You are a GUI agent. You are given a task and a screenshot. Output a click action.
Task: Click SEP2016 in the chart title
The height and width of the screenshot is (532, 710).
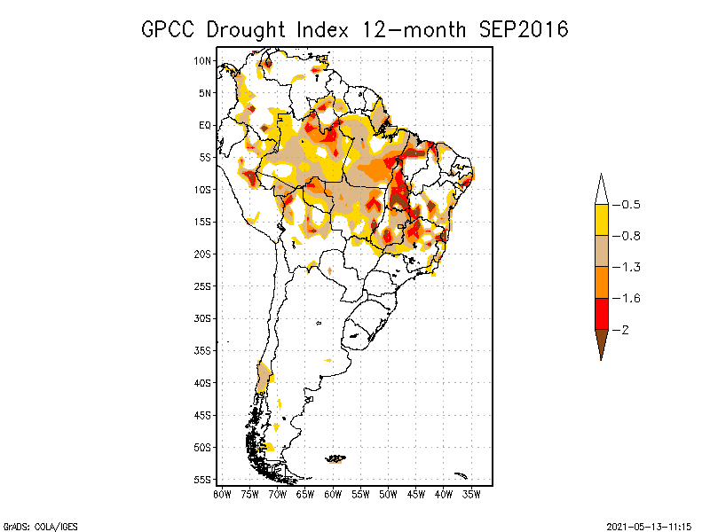point(523,29)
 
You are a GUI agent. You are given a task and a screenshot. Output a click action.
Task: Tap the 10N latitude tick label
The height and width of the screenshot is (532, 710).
point(203,60)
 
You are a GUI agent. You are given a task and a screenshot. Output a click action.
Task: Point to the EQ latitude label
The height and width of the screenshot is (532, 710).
point(205,125)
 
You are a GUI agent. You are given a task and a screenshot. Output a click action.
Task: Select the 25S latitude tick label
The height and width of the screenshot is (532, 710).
point(203,286)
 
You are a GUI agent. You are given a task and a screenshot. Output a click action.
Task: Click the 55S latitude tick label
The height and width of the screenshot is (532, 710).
point(203,479)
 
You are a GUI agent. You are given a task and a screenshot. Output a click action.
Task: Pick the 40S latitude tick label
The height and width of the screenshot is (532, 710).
point(203,382)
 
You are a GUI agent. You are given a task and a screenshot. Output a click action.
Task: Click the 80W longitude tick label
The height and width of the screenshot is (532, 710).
point(222,493)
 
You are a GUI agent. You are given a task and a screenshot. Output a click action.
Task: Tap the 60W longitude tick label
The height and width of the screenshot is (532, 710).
point(333,493)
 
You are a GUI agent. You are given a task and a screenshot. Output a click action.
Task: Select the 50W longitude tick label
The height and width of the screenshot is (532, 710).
point(388,493)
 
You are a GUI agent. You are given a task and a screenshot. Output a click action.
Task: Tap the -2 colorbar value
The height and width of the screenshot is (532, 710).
point(624,330)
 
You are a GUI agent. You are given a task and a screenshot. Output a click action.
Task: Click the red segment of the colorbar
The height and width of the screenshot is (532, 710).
point(601,313)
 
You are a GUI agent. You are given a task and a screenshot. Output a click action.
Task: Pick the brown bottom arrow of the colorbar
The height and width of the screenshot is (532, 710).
point(601,343)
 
